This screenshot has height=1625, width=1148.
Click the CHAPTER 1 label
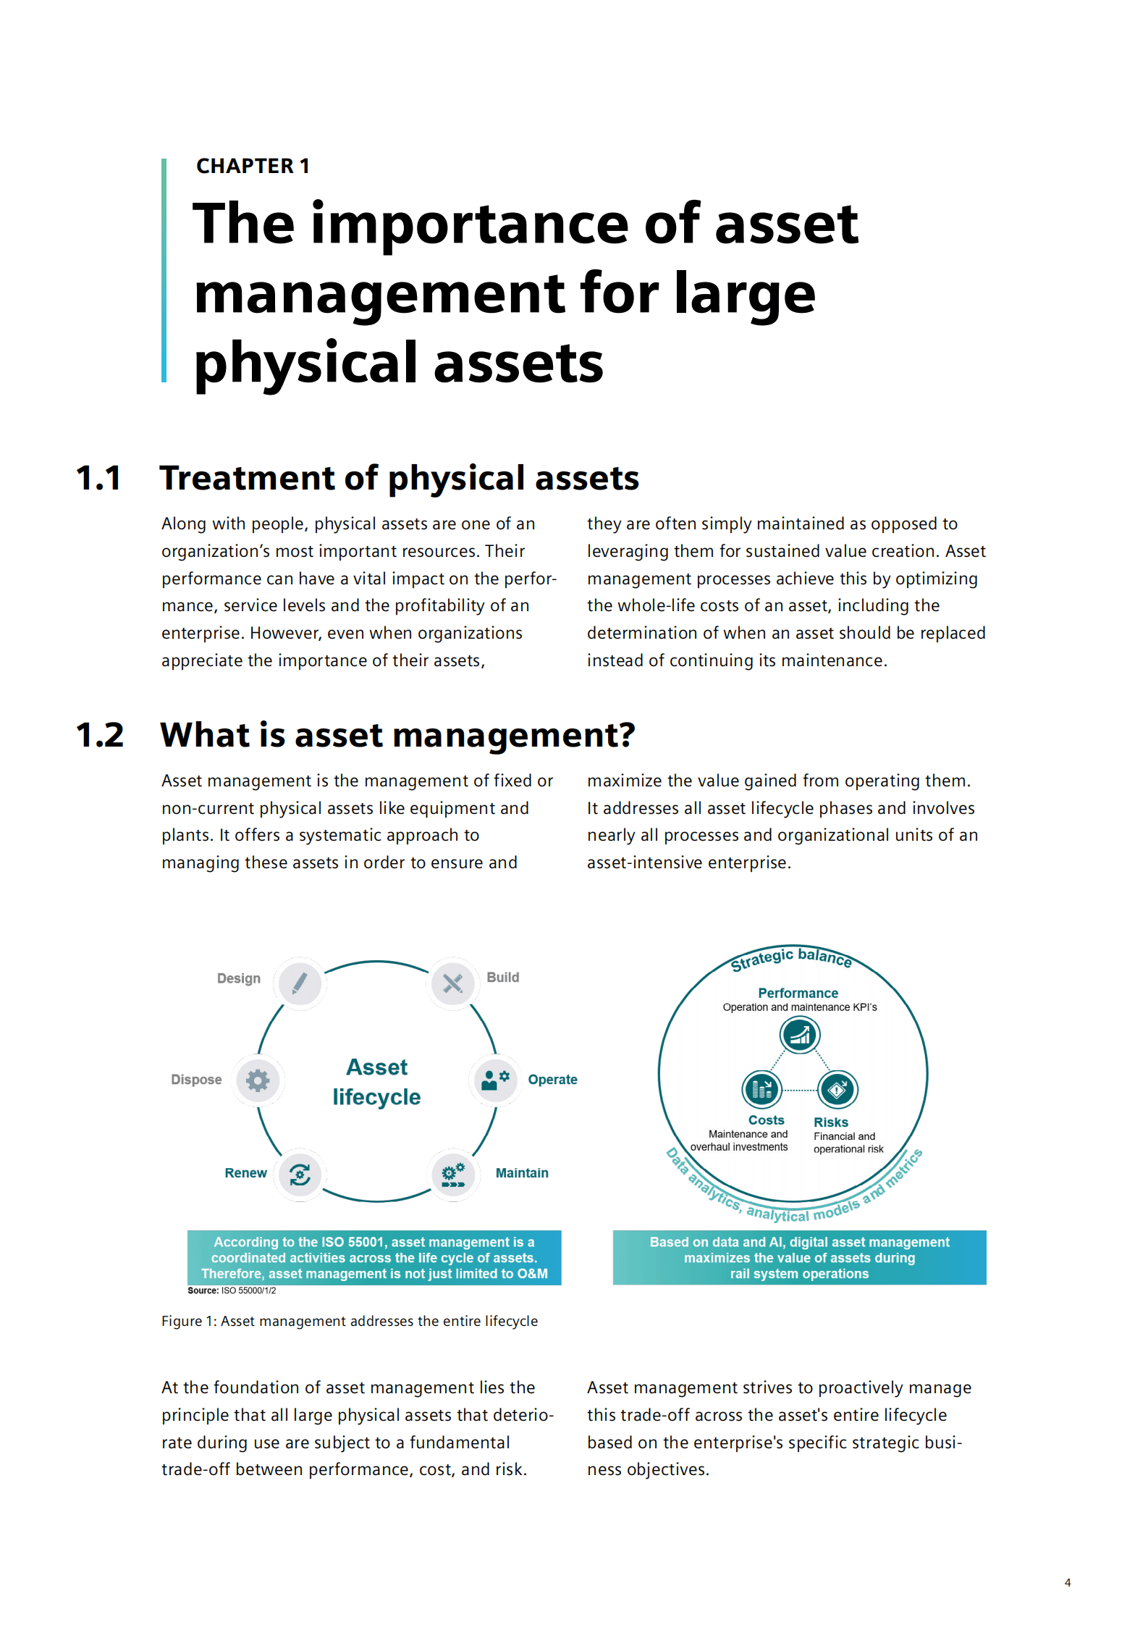[x=253, y=166]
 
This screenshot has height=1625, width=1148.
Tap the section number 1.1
[x=98, y=478]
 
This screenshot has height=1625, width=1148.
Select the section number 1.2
[x=100, y=735]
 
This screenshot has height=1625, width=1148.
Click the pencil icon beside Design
[x=300, y=983]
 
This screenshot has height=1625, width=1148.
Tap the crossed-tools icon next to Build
[x=452, y=983]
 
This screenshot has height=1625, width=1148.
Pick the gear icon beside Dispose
[x=258, y=1080]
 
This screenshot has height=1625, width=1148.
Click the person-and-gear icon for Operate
[x=495, y=1080]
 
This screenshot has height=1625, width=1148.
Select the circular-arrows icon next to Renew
[x=300, y=1174]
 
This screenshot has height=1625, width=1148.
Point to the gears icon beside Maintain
[x=453, y=1174]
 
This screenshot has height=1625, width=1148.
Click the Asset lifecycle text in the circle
[x=376, y=1082]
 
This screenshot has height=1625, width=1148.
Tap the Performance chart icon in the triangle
[x=799, y=1035]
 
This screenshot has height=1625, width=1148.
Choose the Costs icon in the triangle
[x=761, y=1089]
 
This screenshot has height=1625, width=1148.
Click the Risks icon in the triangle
[x=837, y=1089]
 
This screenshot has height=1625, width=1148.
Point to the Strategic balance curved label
[x=791, y=957]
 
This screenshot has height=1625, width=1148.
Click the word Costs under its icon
[x=766, y=1120]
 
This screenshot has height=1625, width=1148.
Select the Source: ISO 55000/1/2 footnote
[x=232, y=1290]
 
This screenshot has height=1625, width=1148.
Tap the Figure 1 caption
[x=350, y=1321]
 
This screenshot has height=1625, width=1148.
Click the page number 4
[x=1068, y=1582]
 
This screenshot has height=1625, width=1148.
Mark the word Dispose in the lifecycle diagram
[x=196, y=1080]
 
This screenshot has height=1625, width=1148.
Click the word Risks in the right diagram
[x=830, y=1122]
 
